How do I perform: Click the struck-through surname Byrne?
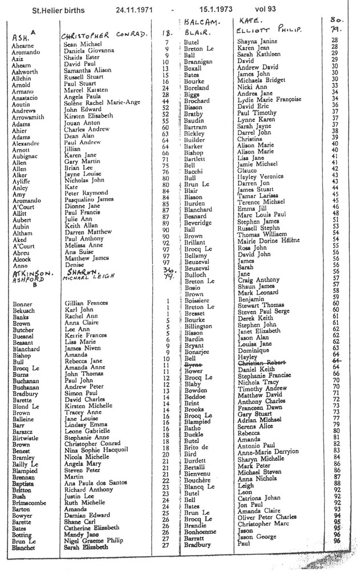193,363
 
